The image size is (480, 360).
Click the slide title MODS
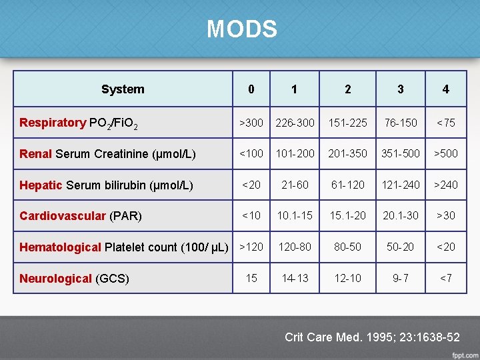[241, 29]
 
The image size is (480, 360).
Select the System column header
[123, 89]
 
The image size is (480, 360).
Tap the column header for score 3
[400, 89]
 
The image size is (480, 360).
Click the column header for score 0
[251, 89]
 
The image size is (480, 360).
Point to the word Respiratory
[53, 123]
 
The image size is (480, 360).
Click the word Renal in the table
[35, 154]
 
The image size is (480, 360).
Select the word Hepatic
[41, 185]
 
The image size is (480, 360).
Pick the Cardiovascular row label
[63, 216]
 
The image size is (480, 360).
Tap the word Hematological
[60, 247]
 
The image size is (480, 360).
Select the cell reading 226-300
[295, 123]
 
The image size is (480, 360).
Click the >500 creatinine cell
[445, 153]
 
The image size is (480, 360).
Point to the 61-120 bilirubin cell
[347, 185]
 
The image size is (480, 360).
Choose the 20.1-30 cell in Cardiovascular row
[400, 215]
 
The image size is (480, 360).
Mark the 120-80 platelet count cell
[295, 247]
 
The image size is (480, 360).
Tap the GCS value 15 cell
[251, 278]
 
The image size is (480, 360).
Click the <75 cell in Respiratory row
[445, 123]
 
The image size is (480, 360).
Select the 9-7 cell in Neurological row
[400, 278]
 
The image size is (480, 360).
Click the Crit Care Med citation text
[372, 337]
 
